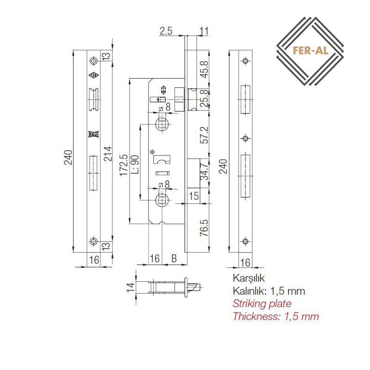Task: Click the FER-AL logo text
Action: coord(310,50)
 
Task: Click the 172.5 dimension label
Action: coord(123,165)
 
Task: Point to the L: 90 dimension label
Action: coord(135,165)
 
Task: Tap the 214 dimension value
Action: coord(108,154)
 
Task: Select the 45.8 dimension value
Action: coord(204,70)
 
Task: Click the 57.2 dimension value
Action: coord(204,135)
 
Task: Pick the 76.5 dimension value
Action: coord(204,228)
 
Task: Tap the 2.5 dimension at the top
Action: coord(166,31)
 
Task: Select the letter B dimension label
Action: coord(174,259)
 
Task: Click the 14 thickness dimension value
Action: coord(130,287)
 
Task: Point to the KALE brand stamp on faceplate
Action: coord(93,134)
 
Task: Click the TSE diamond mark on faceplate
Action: coord(94,75)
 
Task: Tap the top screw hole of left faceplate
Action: coord(94,61)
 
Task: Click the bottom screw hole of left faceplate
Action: coord(94,241)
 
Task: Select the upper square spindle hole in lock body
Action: coord(162,124)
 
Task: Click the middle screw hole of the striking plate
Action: coord(246,138)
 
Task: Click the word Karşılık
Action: coord(249,278)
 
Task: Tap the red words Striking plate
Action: coord(262,304)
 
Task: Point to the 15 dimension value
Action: coord(194,196)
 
